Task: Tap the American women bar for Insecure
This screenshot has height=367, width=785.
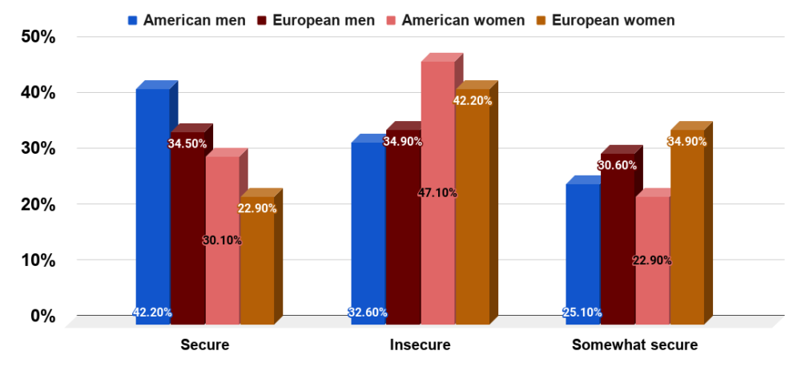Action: click(437, 192)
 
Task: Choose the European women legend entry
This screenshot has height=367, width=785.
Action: click(613, 20)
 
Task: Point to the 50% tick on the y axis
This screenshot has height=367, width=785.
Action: click(37, 37)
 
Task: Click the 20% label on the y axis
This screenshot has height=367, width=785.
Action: click(37, 204)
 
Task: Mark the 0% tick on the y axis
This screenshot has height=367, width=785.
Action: click(42, 317)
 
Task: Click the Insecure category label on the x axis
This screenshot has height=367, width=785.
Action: click(420, 345)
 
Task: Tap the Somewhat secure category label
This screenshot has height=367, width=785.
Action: click(634, 345)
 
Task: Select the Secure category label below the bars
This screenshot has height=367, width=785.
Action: click(205, 345)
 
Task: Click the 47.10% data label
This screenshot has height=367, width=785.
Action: click(437, 192)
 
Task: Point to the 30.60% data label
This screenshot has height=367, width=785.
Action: click(617, 165)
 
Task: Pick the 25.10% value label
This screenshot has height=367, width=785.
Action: click(582, 313)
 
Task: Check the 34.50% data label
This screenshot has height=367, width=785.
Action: click(187, 144)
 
